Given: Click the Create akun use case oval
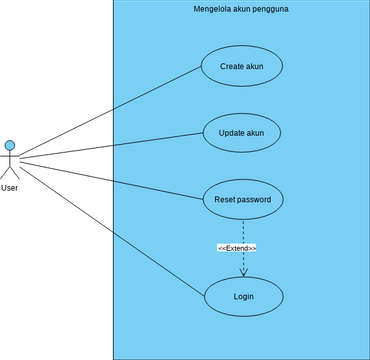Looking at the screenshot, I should coord(241,67).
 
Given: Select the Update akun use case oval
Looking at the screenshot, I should coord(241,132).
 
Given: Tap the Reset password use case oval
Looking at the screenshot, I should coord(242,199).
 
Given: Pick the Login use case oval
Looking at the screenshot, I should coord(243,297).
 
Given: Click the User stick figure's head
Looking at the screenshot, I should coord(10,145).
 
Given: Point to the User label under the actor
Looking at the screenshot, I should coord(10,187).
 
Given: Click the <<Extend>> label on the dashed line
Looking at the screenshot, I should coord(237,247).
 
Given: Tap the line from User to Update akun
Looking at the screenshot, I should coord(110,146).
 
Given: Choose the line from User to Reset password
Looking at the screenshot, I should coord(110,176).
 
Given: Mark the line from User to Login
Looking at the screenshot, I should coord(110,226).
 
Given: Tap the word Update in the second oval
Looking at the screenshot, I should coord(229,132).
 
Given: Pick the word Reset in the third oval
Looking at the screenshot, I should coord(224,199).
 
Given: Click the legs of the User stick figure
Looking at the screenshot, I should coord(10,173).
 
